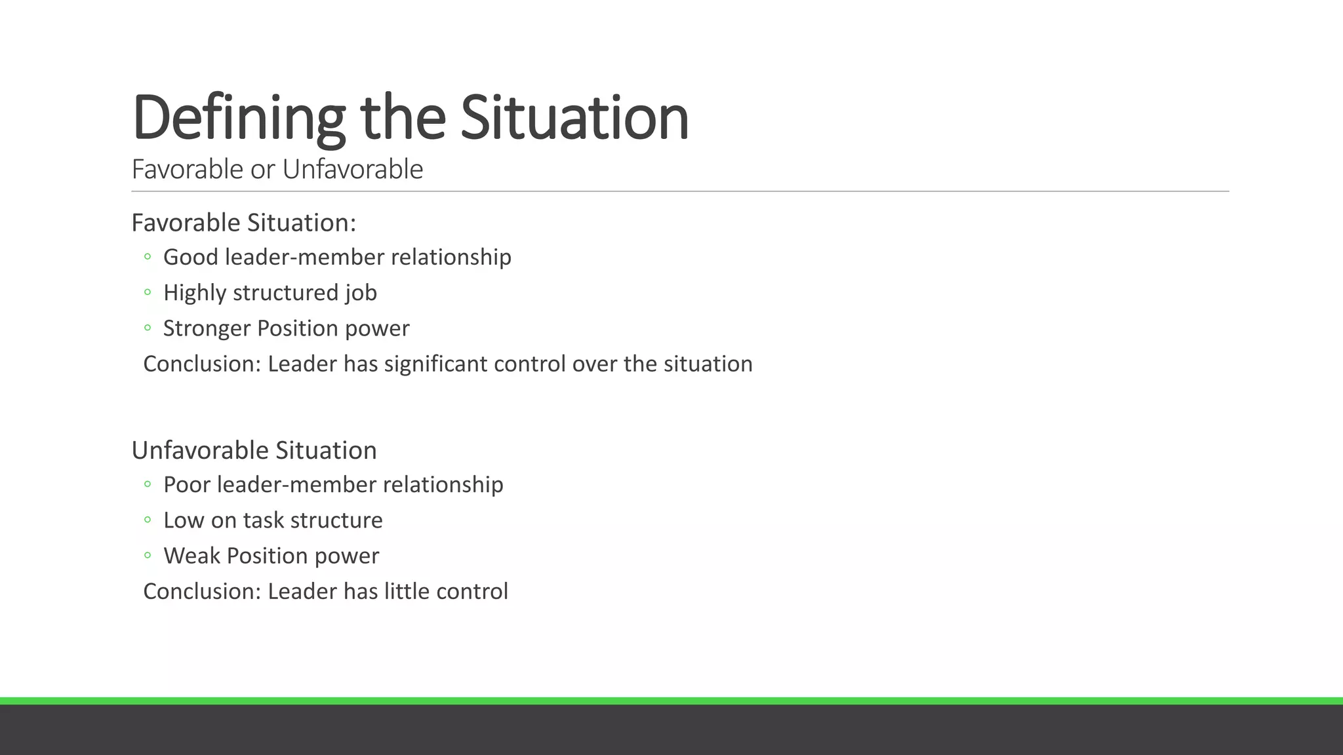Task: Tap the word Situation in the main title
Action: [574, 118]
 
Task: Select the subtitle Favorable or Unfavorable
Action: [277, 169]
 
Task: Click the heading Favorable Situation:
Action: [243, 223]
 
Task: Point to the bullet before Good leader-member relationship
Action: [148, 257]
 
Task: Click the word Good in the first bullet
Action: [190, 257]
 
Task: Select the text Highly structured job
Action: [270, 292]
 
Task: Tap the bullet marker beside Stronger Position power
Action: [148, 328]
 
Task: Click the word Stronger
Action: [207, 328]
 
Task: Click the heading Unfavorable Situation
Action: [254, 450]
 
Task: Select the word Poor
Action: [187, 484]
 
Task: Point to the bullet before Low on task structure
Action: [148, 520]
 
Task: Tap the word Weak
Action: [191, 556]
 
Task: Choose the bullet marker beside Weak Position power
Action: [148, 556]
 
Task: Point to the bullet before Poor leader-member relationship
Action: [148, 485]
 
